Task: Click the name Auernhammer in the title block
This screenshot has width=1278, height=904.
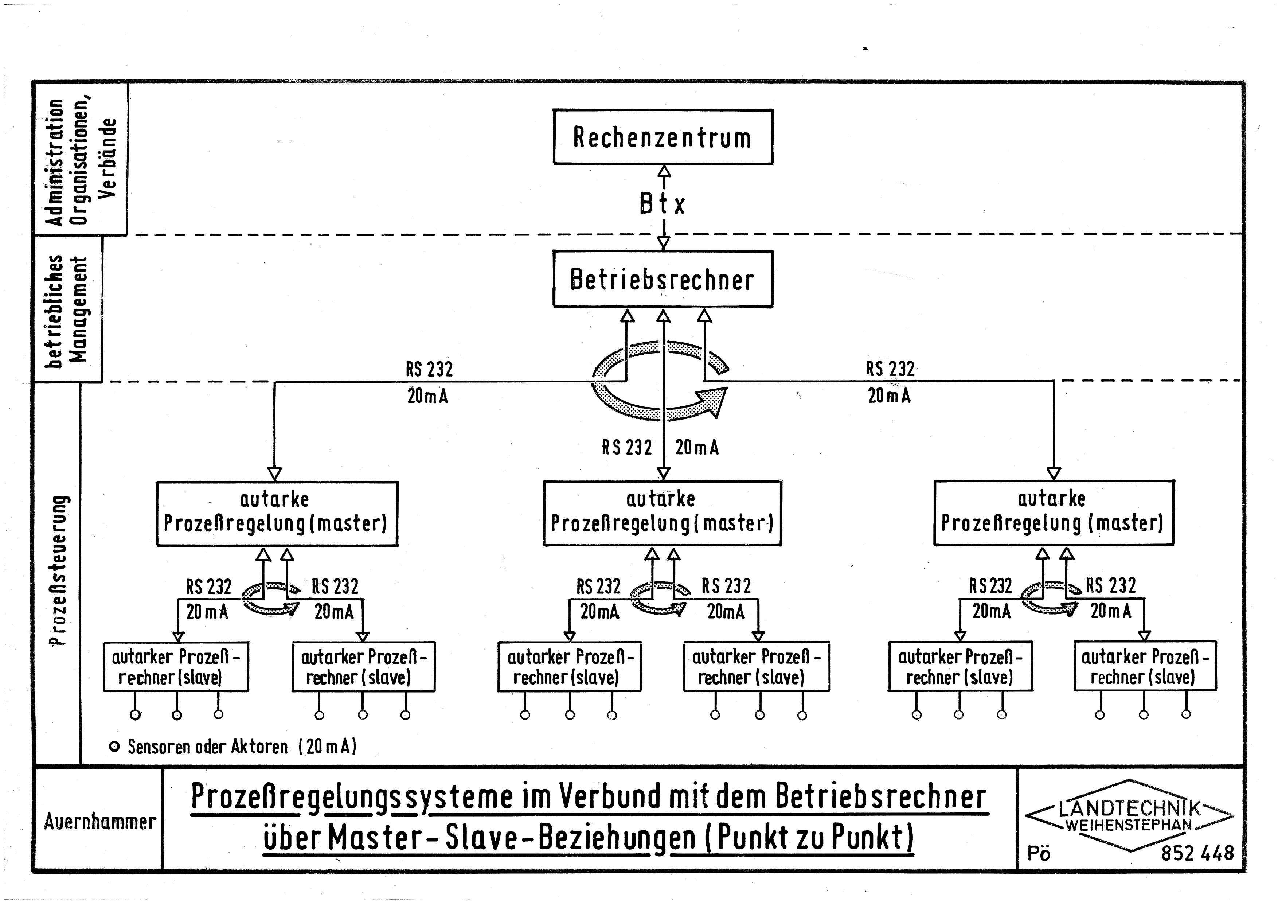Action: coord(99,822)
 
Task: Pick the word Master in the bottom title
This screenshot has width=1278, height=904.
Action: coord(375,838)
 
